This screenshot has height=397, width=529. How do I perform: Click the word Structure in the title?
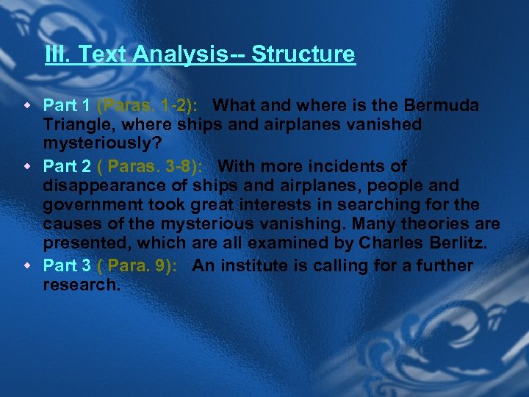303,54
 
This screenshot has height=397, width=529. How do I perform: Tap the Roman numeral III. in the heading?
58,54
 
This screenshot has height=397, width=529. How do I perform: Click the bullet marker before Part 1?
32,106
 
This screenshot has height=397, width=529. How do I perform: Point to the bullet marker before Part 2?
32,166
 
